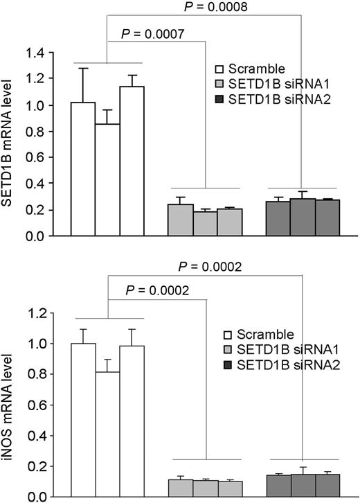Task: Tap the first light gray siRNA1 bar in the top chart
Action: (180, 220)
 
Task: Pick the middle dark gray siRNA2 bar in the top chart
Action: (303, 217)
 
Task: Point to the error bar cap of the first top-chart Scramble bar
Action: (83, 68)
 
